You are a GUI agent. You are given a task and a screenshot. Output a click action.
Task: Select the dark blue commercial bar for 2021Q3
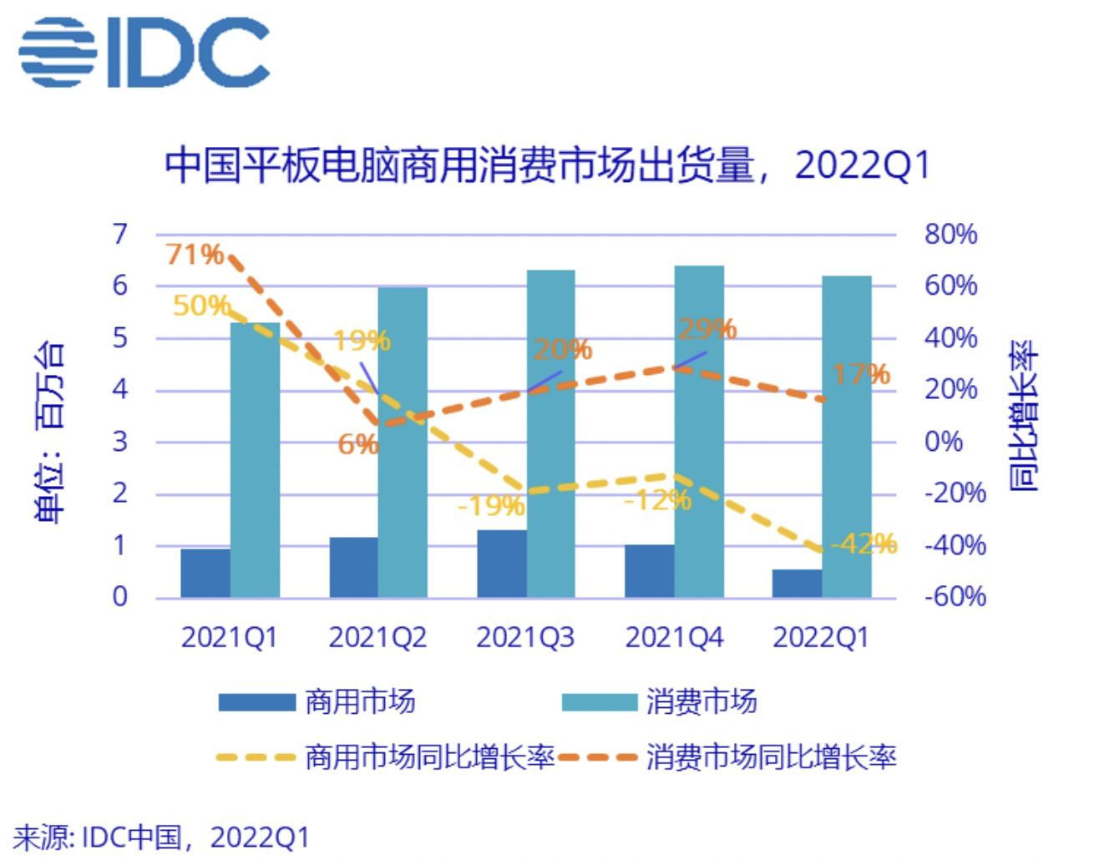(x=502, y=564)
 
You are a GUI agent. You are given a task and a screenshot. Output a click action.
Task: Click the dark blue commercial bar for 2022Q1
(x=797, y=584)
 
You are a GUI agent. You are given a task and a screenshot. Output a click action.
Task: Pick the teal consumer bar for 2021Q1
(x=255, y=459)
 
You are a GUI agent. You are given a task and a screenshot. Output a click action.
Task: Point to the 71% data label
(x=194, y=254)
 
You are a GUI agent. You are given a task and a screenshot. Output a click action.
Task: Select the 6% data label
(x=357, y=444)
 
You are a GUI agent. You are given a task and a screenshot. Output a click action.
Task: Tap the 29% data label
(x=706, y=329)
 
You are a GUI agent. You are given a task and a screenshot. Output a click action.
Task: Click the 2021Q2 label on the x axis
(x=377, y=638)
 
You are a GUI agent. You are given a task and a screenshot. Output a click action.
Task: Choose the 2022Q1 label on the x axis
(x=821, y=638)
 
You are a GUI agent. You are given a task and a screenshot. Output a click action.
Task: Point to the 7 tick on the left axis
(x=120, y=234)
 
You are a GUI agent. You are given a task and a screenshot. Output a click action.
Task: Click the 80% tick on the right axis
(x=950, y=234)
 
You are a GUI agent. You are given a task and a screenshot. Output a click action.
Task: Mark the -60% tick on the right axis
(x=955, y=596)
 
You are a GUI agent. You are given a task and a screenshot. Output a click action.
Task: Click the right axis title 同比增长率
(x=1024, y=415)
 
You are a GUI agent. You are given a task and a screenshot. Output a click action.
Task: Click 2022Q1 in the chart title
(x=862, y=165)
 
